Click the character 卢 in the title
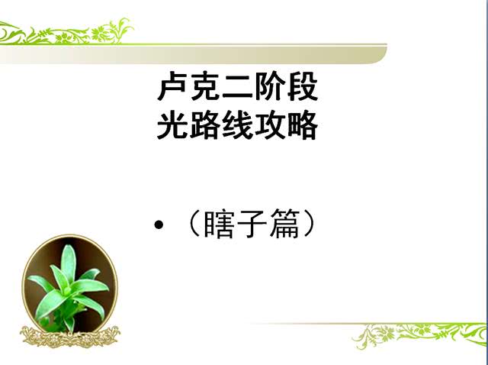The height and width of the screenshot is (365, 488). [x=172, y=89]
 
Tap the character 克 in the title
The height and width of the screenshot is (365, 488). [x=204, y=89]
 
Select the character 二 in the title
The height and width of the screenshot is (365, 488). [x=237, y=89]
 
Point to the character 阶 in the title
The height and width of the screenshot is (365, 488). [x=269, y=89]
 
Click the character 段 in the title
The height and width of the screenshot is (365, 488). [x=302, y=89]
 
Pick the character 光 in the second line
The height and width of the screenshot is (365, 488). [x=172, y=125]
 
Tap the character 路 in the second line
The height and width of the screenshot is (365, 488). [x=204, y=125]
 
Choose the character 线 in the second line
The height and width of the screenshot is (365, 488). [x=237, y=125]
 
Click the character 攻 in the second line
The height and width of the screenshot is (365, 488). [x=269, y=125]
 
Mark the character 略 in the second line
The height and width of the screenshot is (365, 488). [x=302, y=125]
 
